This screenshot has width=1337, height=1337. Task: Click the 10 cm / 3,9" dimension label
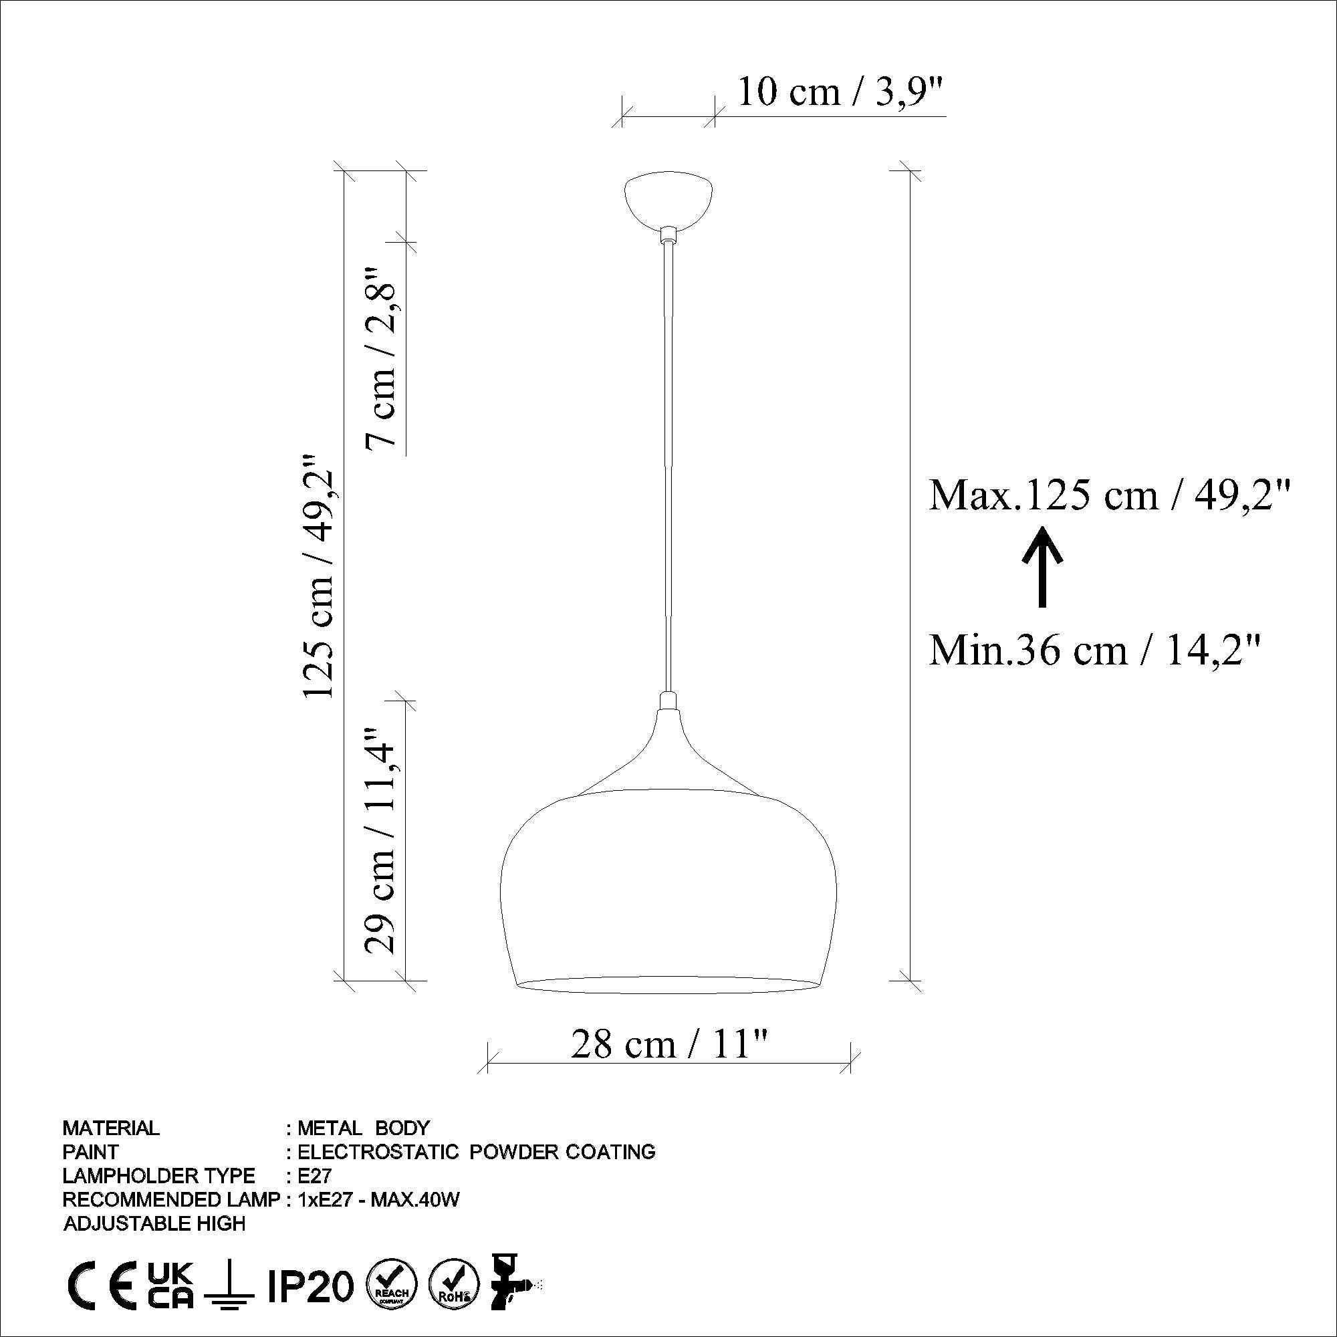pos(840,92)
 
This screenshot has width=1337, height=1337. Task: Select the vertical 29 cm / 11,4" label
pos(380,840)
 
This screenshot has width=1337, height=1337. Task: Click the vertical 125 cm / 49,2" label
pos(319,576)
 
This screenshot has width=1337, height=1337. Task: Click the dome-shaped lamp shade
pos(668,892)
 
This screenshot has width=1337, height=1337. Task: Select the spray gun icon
pos(512,1284)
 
